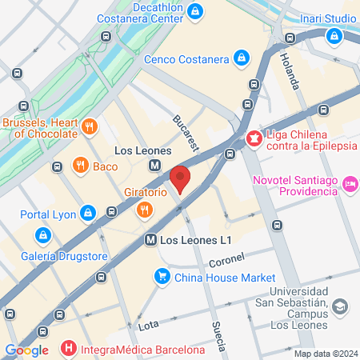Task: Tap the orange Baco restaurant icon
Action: pos(80,166)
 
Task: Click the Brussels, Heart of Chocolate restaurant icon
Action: pos(90,126)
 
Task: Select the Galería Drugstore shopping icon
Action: pos(42,235)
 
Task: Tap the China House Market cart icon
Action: pos(162,277)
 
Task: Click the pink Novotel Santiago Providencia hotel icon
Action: pos(350,186)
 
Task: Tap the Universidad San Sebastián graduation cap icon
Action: pos(340,307)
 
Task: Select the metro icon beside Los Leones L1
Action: pos(150,239)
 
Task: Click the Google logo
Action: pos(27,350)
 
